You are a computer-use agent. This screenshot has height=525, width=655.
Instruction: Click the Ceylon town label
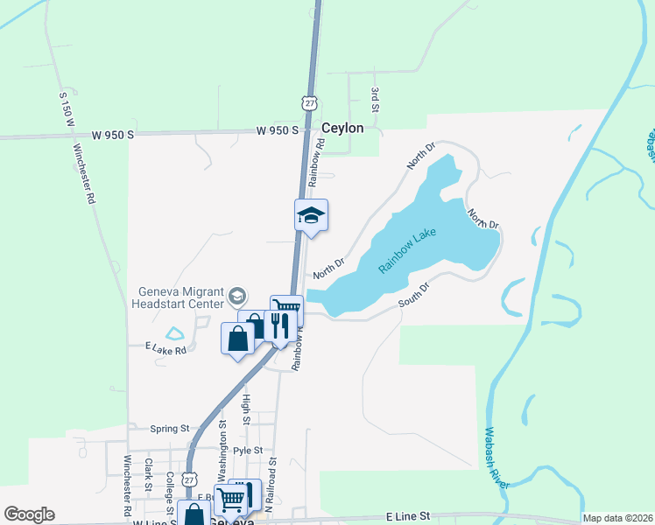pos(342,128)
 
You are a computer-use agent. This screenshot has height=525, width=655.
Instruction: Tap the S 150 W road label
pos(65,113)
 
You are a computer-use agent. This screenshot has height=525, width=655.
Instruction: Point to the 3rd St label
pos(375,98)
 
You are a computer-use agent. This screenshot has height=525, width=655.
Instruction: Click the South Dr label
pos(415,295)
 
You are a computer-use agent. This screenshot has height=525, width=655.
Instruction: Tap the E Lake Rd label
pos(166,349)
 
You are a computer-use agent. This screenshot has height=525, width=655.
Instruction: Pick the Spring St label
pos(170,429)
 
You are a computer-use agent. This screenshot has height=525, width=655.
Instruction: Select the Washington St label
pos(222,449)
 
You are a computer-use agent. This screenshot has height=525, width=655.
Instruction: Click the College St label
pos(170,493)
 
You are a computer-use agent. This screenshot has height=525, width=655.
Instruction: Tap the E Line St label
pos(409,518)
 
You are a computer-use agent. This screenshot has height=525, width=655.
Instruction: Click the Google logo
pos(29,514)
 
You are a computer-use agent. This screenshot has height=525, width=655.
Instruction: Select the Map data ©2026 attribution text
pos(616,518)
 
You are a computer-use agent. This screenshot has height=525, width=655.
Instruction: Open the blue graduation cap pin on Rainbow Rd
pos(311,215)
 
